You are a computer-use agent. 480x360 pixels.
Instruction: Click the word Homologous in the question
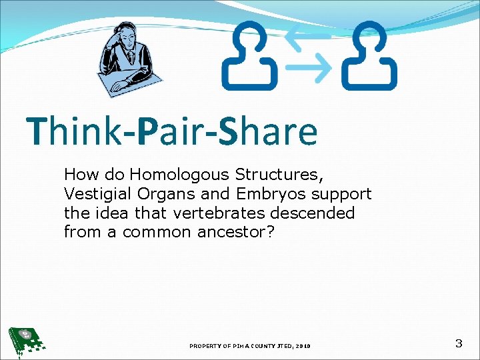pyautogui.click(x=180, y=175)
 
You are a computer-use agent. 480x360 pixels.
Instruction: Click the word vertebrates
pyautogui.click(x=217, y=213)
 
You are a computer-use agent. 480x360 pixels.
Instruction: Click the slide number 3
pyautogui.click(x=458, y=344)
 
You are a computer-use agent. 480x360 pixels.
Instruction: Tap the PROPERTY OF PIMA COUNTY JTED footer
pyautogui.click(x=249, y=346)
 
